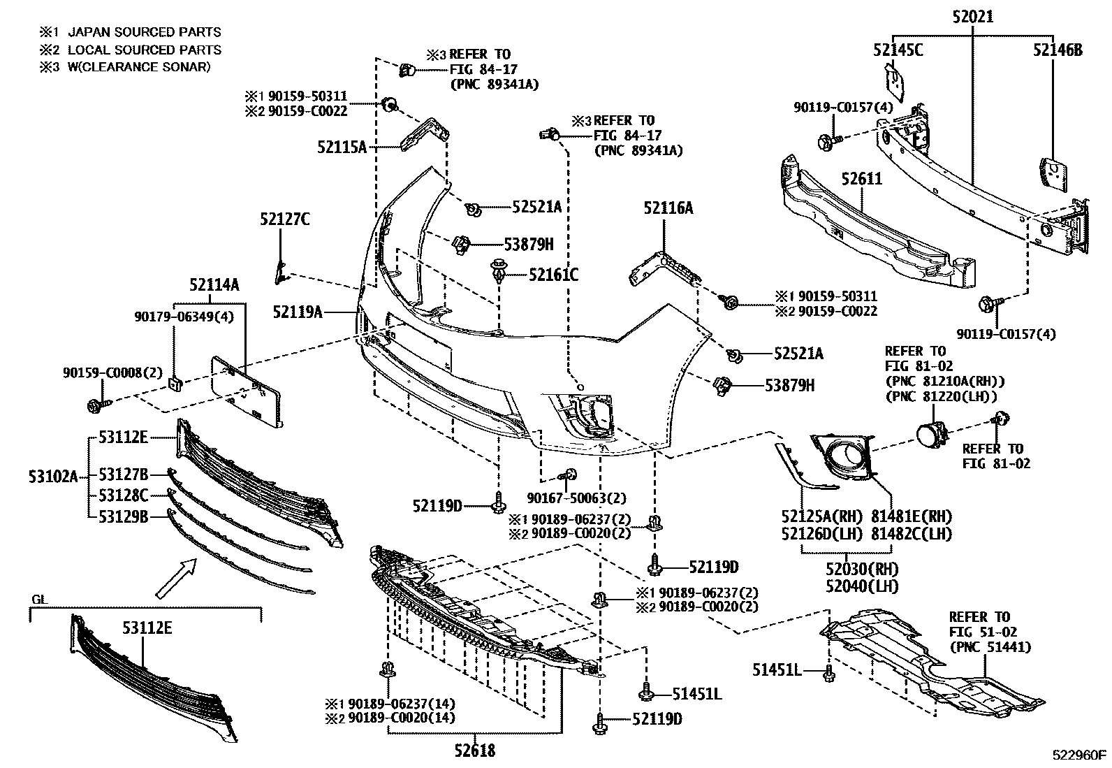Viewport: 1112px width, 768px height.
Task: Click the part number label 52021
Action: [972, 16]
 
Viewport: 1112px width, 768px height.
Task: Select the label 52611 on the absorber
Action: [861, 180]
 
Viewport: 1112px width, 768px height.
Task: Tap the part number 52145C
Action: [898, 50]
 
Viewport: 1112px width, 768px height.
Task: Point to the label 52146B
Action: [1058, 50]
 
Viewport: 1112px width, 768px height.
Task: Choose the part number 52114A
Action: [214, 285]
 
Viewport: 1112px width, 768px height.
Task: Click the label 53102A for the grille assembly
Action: [54, 477]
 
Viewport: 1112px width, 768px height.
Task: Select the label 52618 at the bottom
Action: [474, 751]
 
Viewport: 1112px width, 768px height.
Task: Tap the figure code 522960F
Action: [1081, 755]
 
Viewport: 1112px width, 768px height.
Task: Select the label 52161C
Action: [553, 275]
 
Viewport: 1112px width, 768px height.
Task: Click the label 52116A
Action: [668, 208]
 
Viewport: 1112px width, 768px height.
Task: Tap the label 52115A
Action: [342, 147]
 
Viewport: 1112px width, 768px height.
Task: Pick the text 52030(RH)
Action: [861, 568]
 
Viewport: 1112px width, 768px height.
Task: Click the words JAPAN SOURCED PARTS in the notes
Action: [144, 32]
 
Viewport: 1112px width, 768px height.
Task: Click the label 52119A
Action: [298, 312]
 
